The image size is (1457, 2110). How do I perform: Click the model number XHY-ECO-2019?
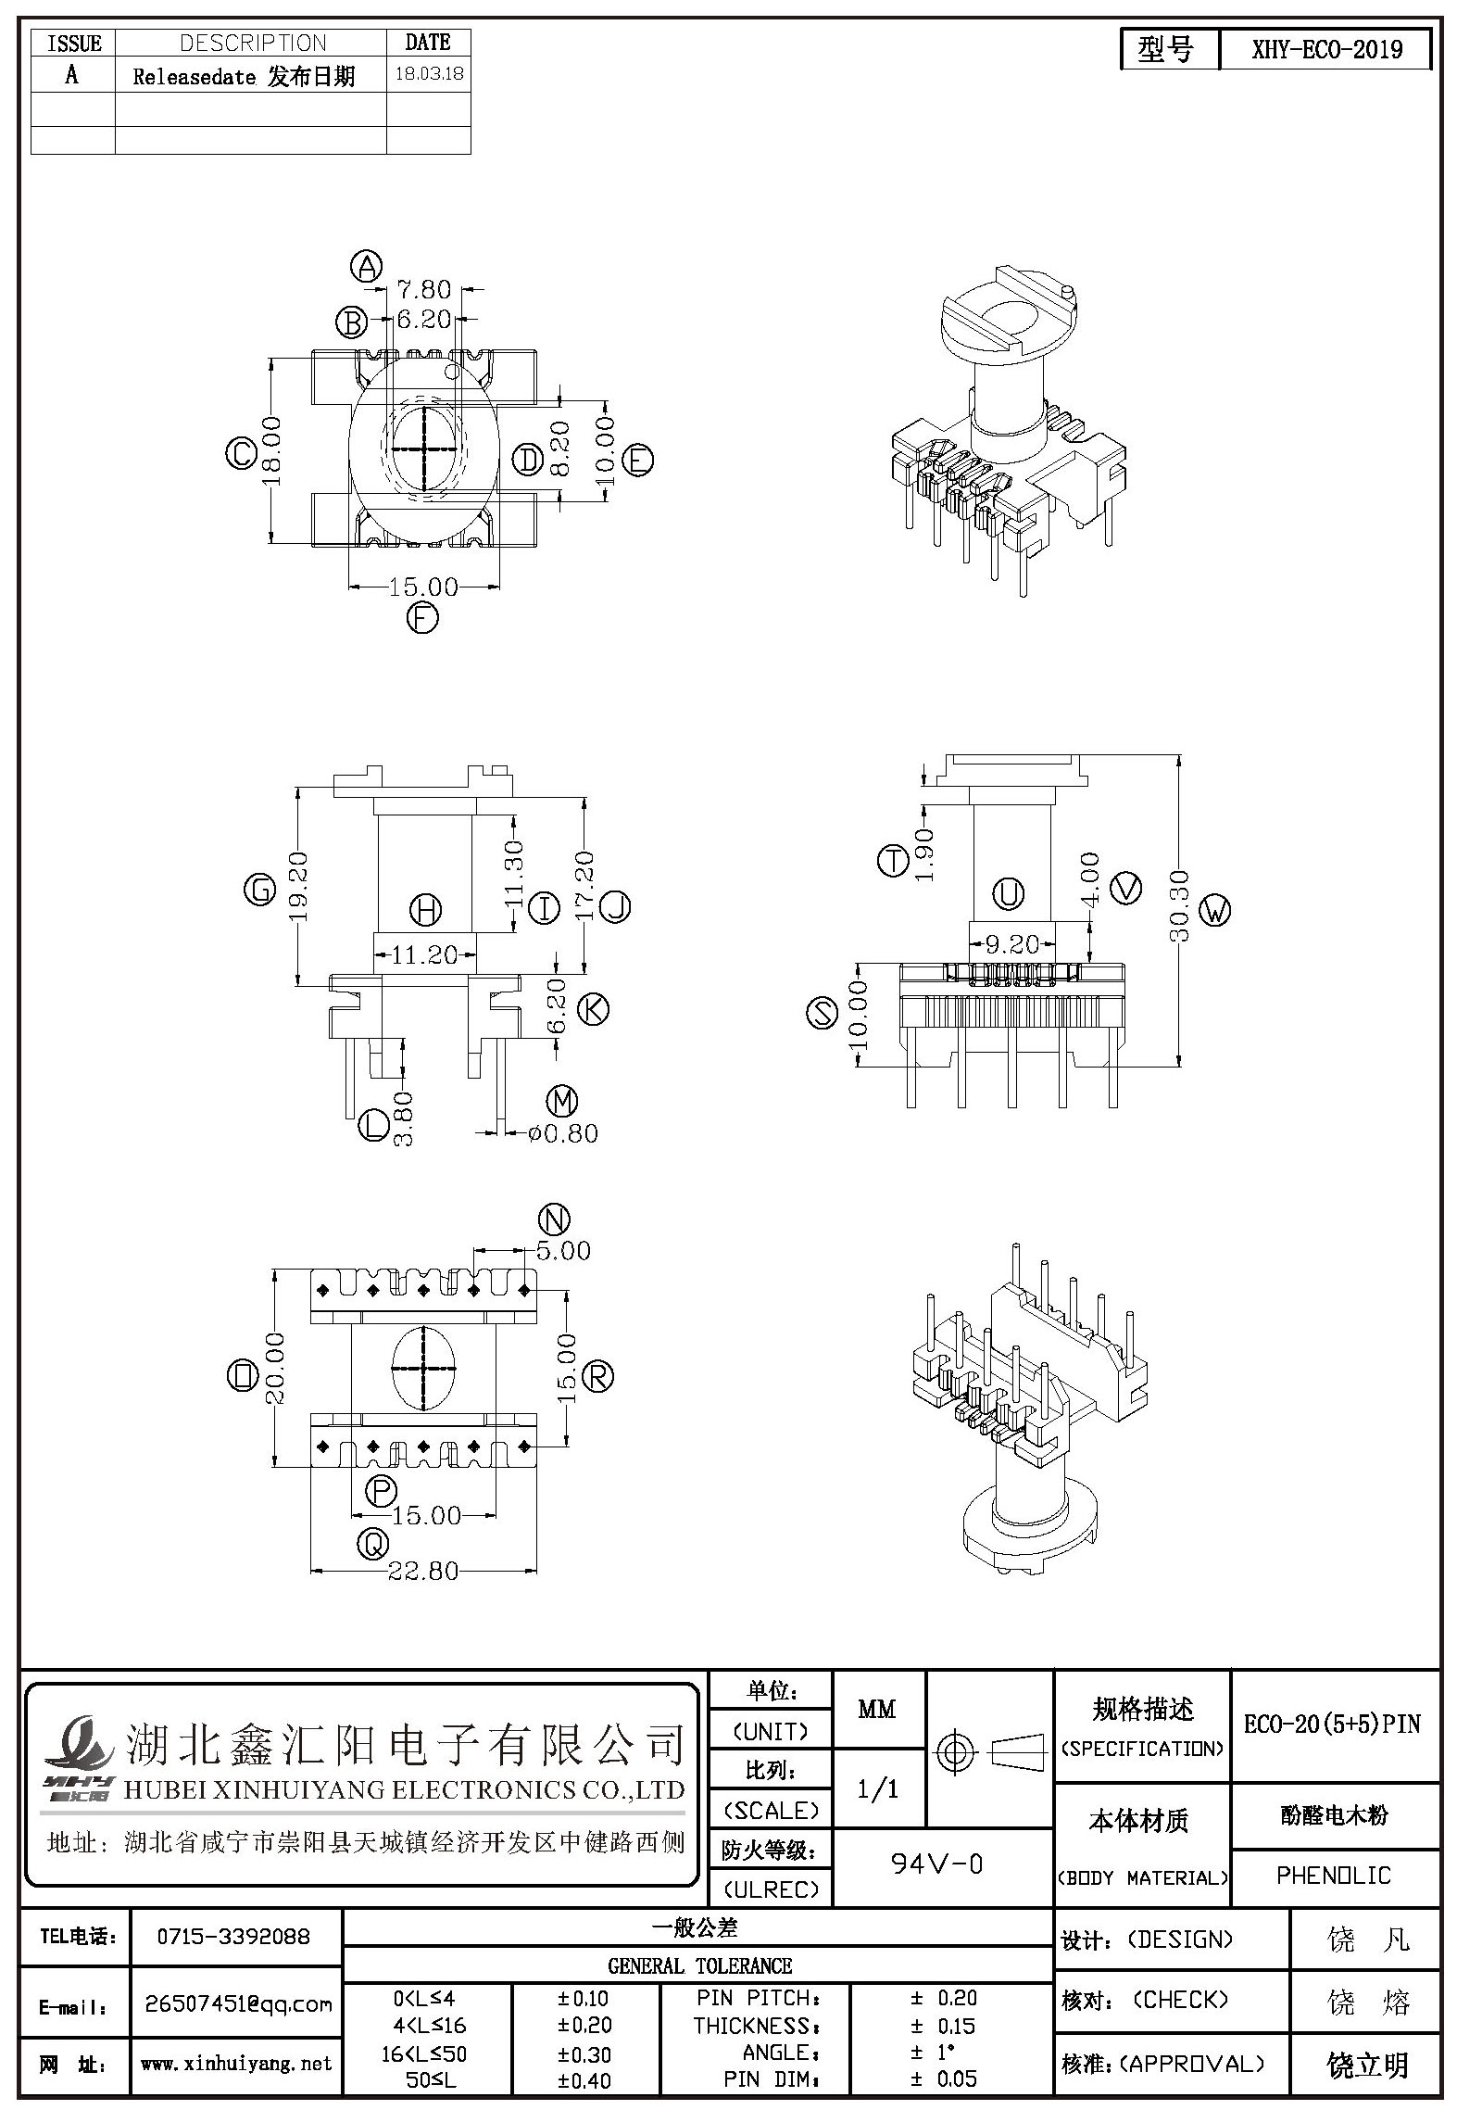[x=1326, y=49]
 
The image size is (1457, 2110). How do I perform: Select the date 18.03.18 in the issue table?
[x=429, y=74]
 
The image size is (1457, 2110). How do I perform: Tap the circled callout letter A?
[x=368, y=267]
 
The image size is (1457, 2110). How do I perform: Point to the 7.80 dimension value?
[x=424, y=289]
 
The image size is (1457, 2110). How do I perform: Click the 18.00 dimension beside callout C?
[x=271, y=452]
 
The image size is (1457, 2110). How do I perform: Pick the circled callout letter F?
[x=422, y=618]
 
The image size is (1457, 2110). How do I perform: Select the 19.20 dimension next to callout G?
[x=298, y=887]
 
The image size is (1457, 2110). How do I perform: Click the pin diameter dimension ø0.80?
[x=562, y=1132]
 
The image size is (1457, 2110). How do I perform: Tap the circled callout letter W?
[x=1214, y=911]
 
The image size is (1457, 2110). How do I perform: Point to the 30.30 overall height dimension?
[x=1178, y=905]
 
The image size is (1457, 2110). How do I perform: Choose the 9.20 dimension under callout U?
[x=1011, y=944]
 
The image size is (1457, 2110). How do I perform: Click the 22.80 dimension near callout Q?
[x=424, y=1570]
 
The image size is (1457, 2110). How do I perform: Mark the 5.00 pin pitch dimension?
[x=563, y=1250]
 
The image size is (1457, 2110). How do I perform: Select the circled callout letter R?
[x=598, y=1376]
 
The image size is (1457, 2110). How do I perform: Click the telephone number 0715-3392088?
[x=234, y=1937]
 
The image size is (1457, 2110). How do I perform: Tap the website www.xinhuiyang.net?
[x=236, y=2064]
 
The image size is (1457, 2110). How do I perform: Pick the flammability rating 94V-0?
[x=936, y=1863]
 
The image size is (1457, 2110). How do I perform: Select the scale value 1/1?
[x=878, y=1788]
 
